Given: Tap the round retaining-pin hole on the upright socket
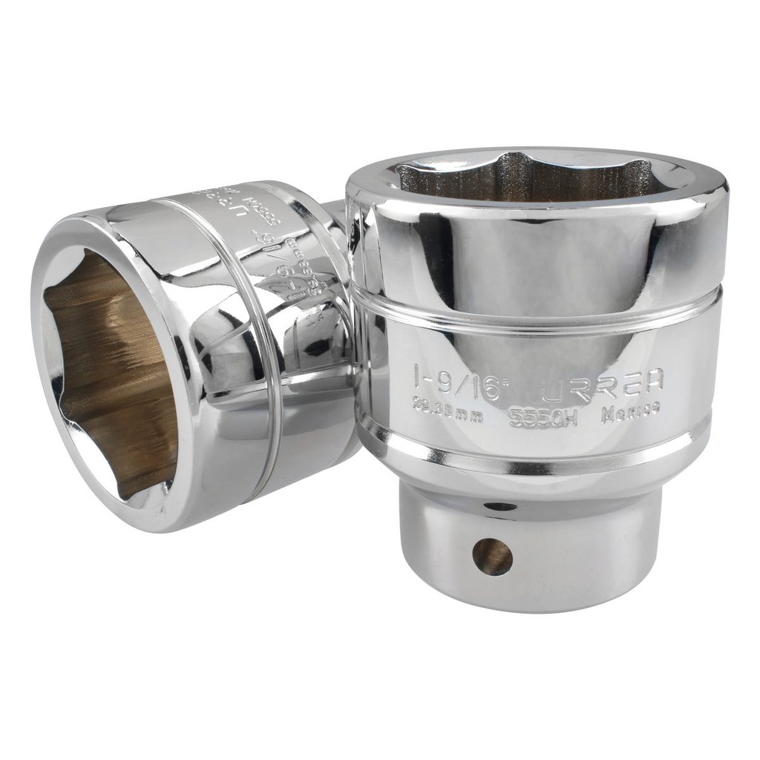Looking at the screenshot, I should coord(492,557).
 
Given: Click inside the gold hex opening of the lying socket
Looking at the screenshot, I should coord(111,371).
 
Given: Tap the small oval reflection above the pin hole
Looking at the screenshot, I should coord(501,507).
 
